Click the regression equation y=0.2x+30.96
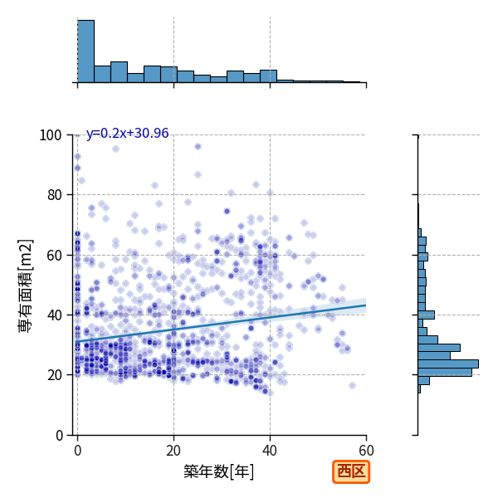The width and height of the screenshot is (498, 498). (x=127, y=134)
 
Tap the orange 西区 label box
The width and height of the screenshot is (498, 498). (x=351, y=471)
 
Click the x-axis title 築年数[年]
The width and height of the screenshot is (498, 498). (x=219, y=471)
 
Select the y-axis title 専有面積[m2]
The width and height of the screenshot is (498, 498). (x=26, y=286)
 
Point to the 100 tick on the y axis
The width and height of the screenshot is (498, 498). (x=50, y=135)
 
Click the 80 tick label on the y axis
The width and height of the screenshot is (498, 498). (x=54, y=195)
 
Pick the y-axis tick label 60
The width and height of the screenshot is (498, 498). (x=54, y=255)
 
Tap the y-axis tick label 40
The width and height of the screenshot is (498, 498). (x=54, y=315)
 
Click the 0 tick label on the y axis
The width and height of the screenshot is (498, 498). (x=59, y=436)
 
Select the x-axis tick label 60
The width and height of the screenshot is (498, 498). (x=366, y=451)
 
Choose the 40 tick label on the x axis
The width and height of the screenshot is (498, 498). (x=270, y=451)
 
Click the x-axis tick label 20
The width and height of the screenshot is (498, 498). (x=173, y=451)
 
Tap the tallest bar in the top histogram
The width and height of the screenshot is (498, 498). (x=85, y=51)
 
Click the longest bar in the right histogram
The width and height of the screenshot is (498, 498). (x=448, y=364)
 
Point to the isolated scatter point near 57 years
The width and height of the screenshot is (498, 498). (x=352, y=386)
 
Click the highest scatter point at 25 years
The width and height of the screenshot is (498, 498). (x=198, y=146)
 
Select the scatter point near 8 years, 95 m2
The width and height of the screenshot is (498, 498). (x=116, y=149)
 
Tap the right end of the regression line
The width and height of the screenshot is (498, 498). (x=366, y=305)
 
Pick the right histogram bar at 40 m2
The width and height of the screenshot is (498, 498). (x=427, y=315)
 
